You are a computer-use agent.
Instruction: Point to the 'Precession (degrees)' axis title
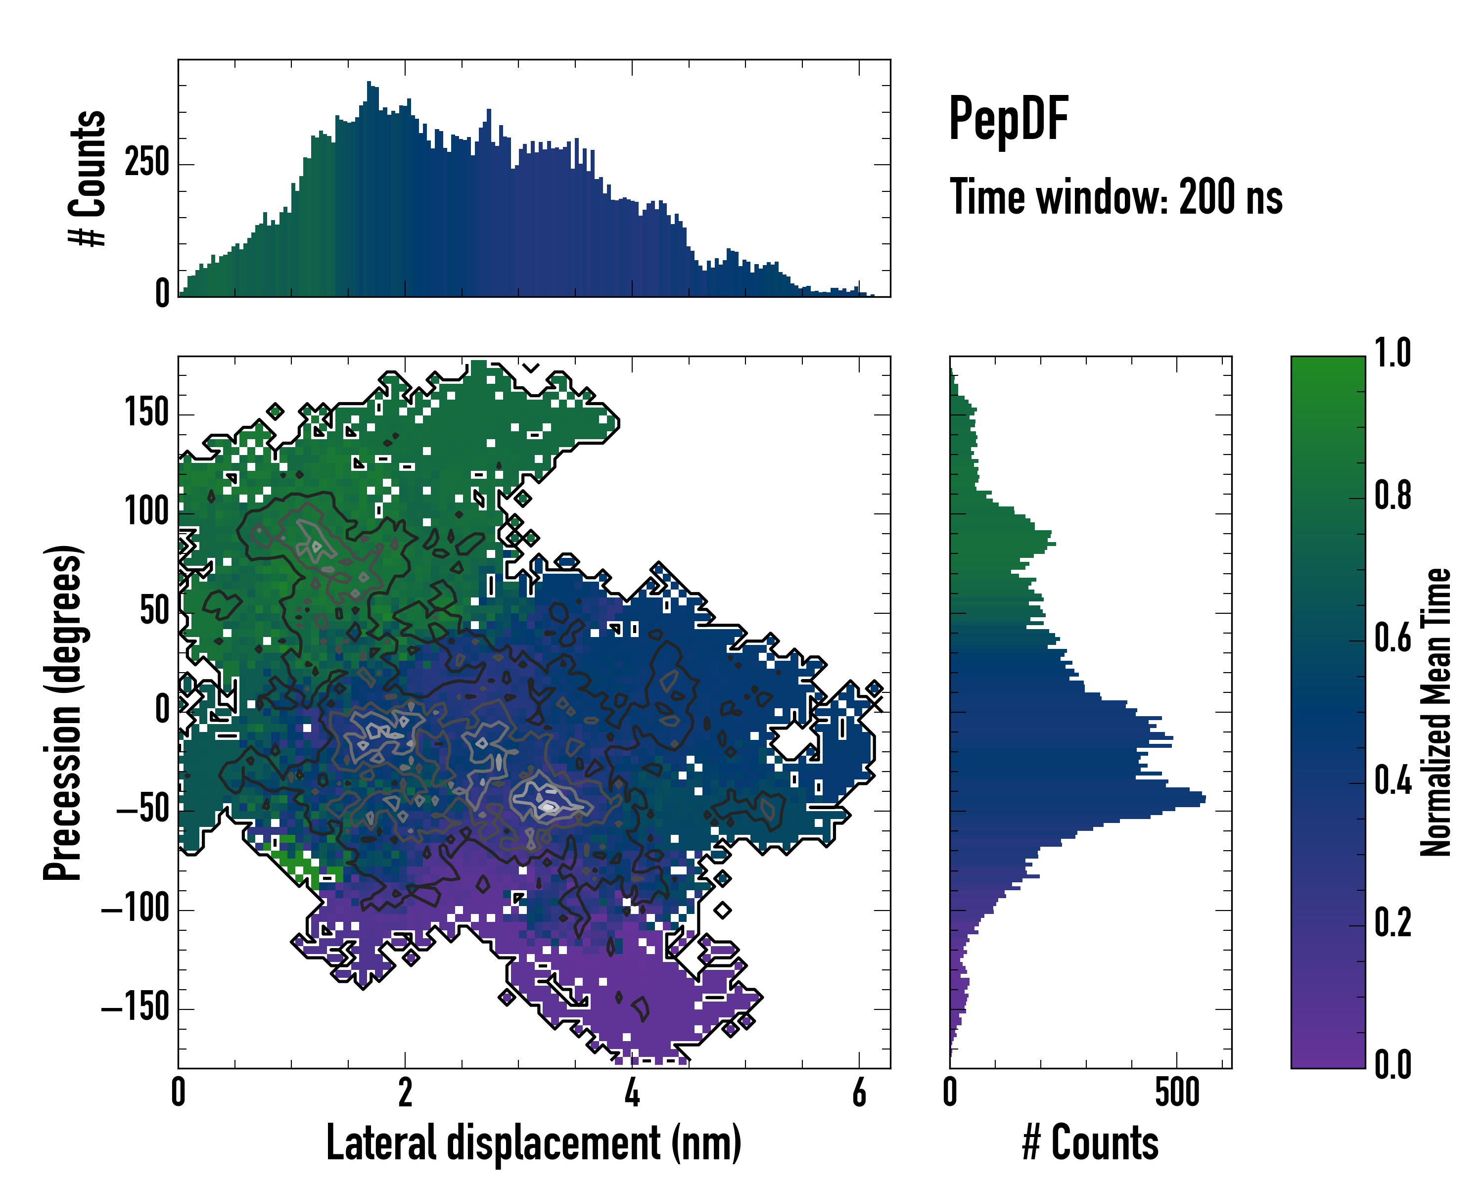tap(63, 712)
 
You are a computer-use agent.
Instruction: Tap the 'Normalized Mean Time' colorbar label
tap(1437, 712)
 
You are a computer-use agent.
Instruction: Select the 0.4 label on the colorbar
tap(1392, 780)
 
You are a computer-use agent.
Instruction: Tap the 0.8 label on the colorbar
tap(1392, 496)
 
